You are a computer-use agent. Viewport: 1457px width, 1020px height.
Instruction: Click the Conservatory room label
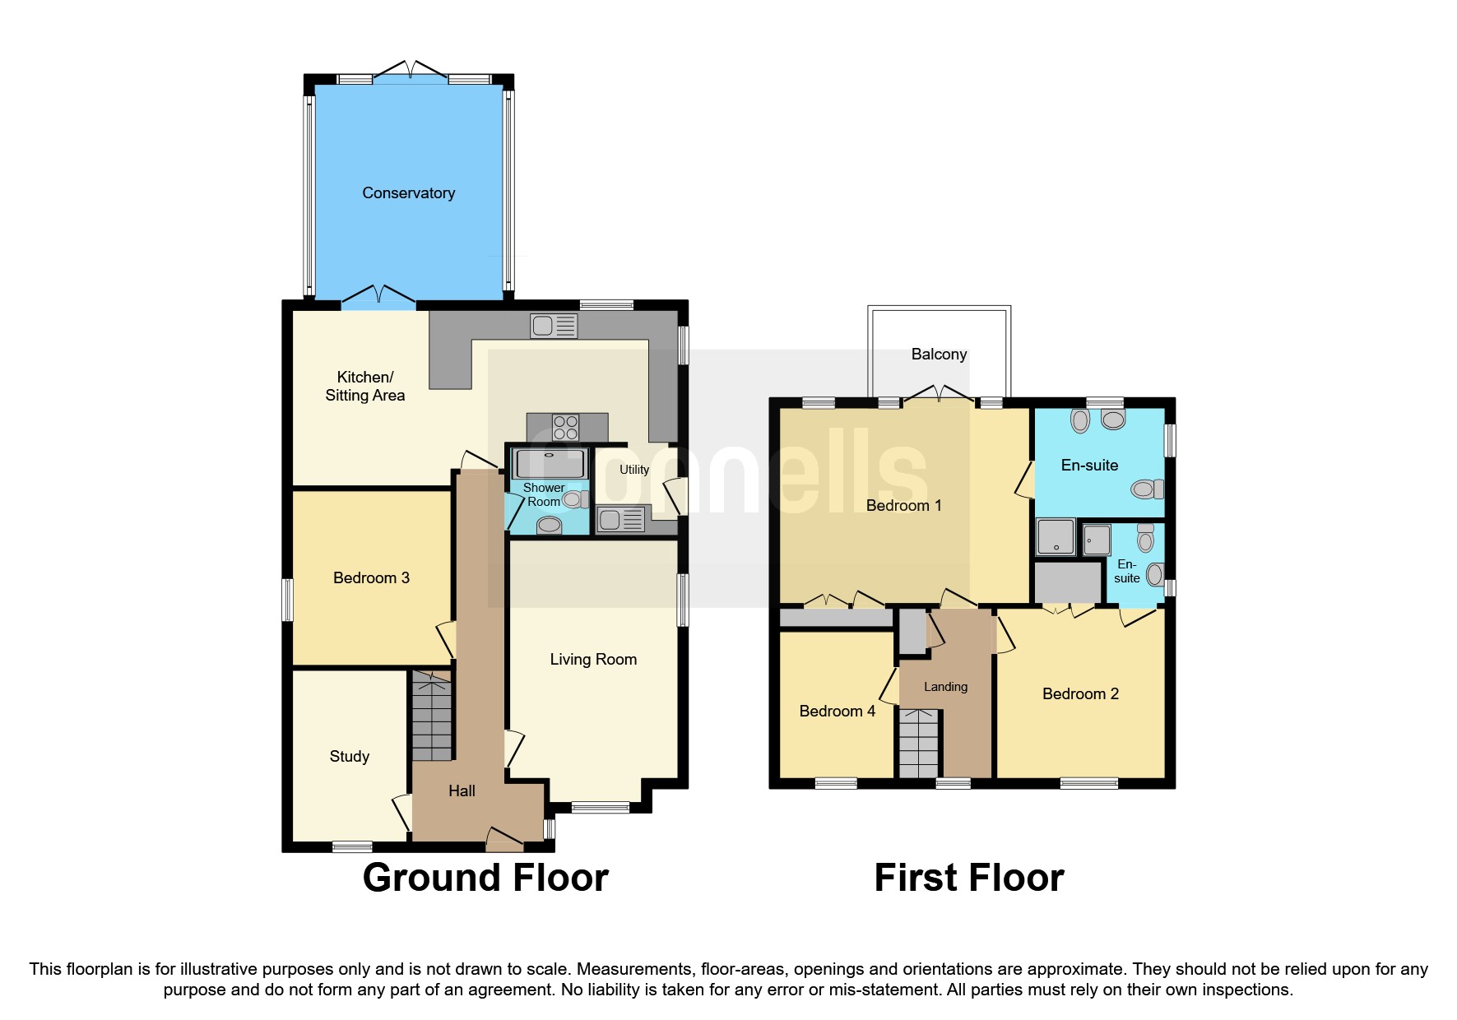(x=408, y=192)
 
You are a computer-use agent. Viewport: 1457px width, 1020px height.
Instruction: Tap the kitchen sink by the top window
(x=554, y=326)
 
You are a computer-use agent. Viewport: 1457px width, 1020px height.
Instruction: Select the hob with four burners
(x=565, y=427)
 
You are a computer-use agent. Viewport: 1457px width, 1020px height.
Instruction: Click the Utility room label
(x=633, y=470)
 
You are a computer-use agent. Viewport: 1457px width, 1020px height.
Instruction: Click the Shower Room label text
(x=543, y=494)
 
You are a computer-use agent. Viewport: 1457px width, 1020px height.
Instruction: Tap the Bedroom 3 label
(x=371, y=577)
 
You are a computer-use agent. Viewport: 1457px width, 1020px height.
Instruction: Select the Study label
(x=349, y=756)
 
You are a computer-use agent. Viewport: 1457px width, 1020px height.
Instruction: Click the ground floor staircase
(x=431, y=716)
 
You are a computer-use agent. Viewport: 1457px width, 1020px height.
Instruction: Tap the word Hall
(x=462, y=790)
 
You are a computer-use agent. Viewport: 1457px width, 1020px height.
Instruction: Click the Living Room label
(x=593, y=659)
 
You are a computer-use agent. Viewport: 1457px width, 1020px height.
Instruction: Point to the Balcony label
(x=939, y=354)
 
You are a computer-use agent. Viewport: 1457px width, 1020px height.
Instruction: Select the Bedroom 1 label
(x=903, y=505)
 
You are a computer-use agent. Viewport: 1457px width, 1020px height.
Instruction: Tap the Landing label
(x=945, y=686)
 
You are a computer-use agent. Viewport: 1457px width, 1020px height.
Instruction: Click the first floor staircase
(x=918, y=744)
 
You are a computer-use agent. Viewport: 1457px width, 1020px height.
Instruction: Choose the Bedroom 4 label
(x=837, y=711)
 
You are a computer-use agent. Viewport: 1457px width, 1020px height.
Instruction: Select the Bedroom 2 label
(x=1080, y=693)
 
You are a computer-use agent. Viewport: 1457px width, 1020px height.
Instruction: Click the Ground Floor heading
(x=485, y=878)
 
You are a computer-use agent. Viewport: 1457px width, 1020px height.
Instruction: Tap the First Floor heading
(x=968, y=878)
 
